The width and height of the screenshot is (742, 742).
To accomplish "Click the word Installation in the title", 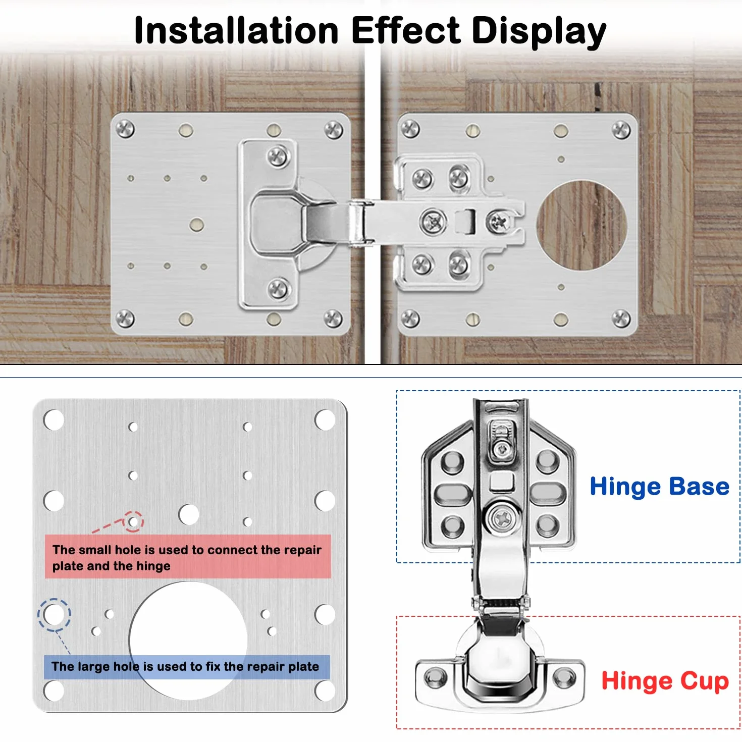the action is pyautogui.click(x=236, y=31).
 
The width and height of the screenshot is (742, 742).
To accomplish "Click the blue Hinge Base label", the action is pyautogui.click(x=660, y=487).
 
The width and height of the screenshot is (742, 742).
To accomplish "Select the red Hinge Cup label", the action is pyautogui.click(x=665, y=681).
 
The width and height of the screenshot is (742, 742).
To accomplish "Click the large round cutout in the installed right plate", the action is pyautogui.click(x=581, y=225).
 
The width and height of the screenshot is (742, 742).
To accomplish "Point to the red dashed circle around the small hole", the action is pyautogui.click(x=133, y=511).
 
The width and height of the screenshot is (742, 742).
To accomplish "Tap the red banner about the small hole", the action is pyautogui.click(x=188, y=556).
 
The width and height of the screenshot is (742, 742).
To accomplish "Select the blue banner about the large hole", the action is pyautogui.click(x=187, y=666).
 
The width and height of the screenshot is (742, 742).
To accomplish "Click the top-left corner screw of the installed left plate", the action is pyautogui.click(x=125, y=129).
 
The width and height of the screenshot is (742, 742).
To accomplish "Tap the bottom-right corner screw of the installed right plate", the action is pyautogui.click(x=621, y=319).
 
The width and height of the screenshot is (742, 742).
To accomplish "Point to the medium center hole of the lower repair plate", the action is pyautogui.click(x=189, y=514).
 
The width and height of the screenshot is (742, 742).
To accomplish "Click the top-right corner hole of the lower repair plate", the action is pyautogui.click(x=325, y=419).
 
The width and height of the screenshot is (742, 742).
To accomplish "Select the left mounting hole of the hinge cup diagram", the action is pyautogui.click(x=435, y=688).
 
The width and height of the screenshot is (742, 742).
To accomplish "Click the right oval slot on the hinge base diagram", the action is pyautogui.click(x=548, y=494).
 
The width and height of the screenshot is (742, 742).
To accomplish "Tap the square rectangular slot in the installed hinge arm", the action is pyautogui.click(x=465, y=222).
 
